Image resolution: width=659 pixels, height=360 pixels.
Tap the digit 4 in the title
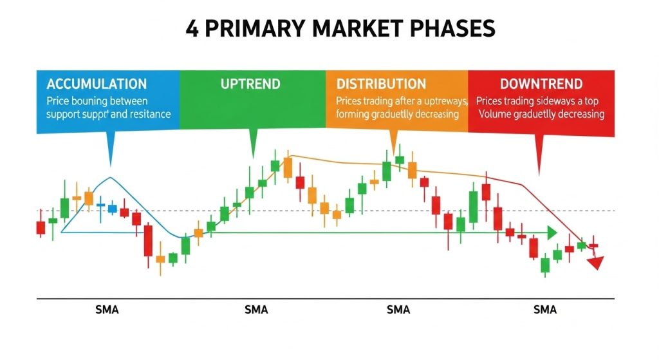(x=192, y=29)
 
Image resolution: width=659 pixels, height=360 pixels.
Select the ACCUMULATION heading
(x=97, y=84)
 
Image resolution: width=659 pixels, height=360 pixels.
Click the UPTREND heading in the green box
(x=250, y=84)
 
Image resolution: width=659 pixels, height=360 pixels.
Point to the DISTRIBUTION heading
(x=381, y=84)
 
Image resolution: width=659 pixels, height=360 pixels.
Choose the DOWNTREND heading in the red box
(x=541, y=84)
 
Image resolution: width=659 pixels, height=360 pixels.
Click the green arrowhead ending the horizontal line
(x=552, y=233)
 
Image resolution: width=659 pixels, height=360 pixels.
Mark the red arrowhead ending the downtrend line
(x=596, y=262)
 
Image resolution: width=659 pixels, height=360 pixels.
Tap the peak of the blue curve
(x=111, y=177)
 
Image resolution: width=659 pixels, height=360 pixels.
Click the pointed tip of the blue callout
(x=111, y=166)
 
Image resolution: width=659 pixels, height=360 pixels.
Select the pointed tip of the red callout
(x=539, y=173)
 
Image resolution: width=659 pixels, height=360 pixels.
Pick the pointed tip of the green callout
(x=253, y=157)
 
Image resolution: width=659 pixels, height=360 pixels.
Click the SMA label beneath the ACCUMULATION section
(x=106, y=310)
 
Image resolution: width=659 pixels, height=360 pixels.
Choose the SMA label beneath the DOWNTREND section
(x=544, y=310)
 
